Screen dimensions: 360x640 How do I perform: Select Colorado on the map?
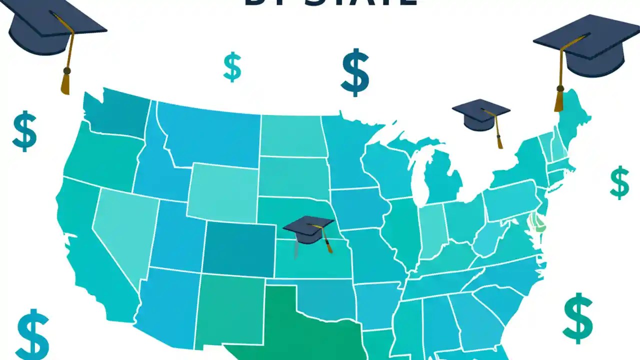click(239, 248)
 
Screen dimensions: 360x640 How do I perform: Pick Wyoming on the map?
click(223, 192)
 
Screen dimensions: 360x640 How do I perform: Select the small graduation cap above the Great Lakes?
click(481, 114)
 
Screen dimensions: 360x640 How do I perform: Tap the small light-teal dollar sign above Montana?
click(232, 67)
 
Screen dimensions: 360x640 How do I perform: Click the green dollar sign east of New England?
click(619, 182)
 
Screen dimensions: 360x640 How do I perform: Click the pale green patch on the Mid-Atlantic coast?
click(538, 221)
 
